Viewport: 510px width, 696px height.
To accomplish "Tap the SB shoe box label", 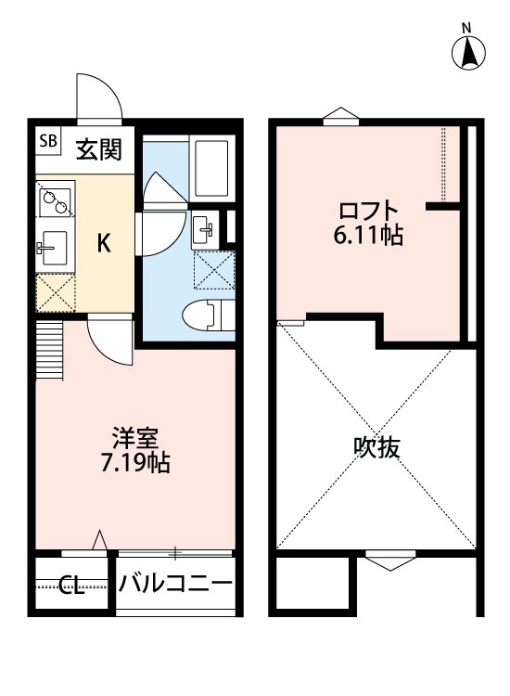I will (48, 142).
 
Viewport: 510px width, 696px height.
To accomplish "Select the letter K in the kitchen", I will (105, 243).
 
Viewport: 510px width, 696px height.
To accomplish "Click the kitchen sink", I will (52, 248).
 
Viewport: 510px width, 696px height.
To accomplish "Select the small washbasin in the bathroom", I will (203, 229).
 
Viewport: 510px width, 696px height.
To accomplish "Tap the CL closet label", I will (71, 586).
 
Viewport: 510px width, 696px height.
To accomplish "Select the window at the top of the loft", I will (339, 117).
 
